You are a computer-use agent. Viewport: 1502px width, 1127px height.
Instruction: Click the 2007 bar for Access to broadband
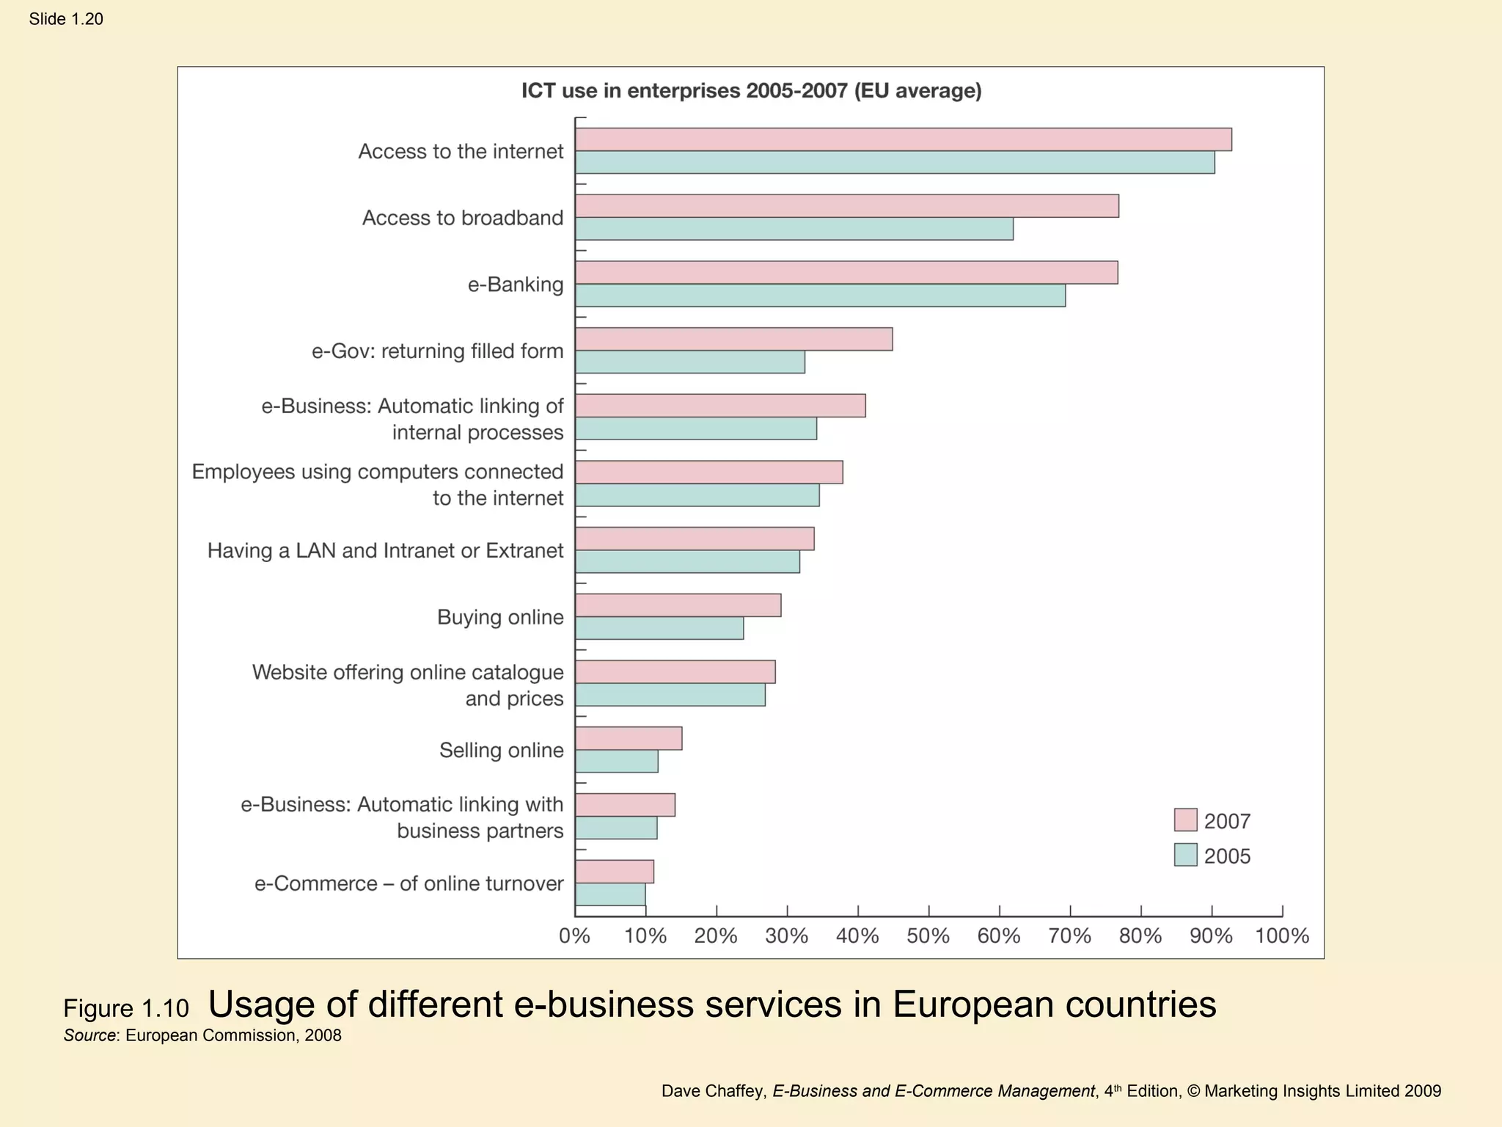tap(846, 206)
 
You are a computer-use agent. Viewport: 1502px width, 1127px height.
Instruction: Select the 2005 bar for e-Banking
tap(820, 296)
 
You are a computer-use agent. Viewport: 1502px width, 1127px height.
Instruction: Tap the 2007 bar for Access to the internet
tap(903, 139)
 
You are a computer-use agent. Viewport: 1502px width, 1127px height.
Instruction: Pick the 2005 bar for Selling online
tap(616, 762)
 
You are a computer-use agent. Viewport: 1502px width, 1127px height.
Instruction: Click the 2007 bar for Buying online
tap(678, 605)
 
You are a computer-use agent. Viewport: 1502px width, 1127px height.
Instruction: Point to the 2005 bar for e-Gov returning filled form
tap(689, 362)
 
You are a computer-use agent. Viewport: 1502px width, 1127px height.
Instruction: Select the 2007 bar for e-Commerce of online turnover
tap(614, 872)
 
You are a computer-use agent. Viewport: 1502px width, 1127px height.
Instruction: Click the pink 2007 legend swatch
tap(1185, 820)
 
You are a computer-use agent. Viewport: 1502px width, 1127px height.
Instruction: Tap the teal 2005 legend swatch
tap(1185, 855)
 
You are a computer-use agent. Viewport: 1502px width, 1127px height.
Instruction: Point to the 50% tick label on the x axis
tap(928, 936)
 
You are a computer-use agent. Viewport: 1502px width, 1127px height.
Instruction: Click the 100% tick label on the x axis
tap(1282, 936)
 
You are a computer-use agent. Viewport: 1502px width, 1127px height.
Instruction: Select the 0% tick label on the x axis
tap(574, 936)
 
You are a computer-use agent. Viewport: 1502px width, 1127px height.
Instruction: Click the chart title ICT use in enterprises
tap(751, 91)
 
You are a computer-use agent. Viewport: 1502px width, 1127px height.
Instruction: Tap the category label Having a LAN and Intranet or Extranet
tap(385, 550)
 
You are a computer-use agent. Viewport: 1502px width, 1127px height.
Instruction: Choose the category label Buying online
tap(500, 617)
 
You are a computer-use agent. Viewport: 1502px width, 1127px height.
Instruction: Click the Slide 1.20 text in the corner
tap(66, 19)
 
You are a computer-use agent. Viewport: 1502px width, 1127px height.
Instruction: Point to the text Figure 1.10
tap(126, 1009)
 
